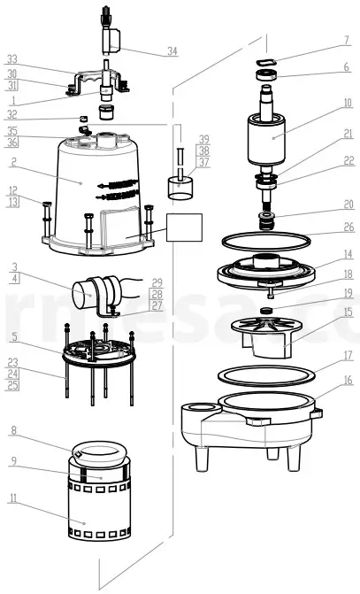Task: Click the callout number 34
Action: [x=172, y=51]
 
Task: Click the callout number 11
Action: [x=12, y=500]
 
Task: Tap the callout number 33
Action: [x=12, y=58]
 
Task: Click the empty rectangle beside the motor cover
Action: [x=184, y=228]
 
